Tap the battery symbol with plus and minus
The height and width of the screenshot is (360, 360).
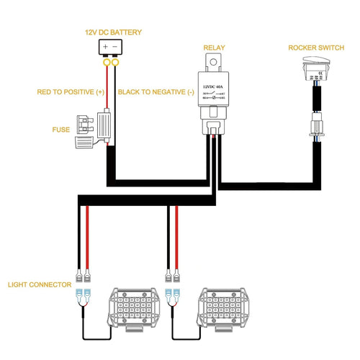[111, 49]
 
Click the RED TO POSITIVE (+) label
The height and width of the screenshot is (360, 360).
[71, 92]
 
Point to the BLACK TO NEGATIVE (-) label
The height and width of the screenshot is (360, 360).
[156, 92]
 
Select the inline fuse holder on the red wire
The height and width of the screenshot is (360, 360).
[107, 126]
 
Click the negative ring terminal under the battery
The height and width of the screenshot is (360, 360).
[117, 63]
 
